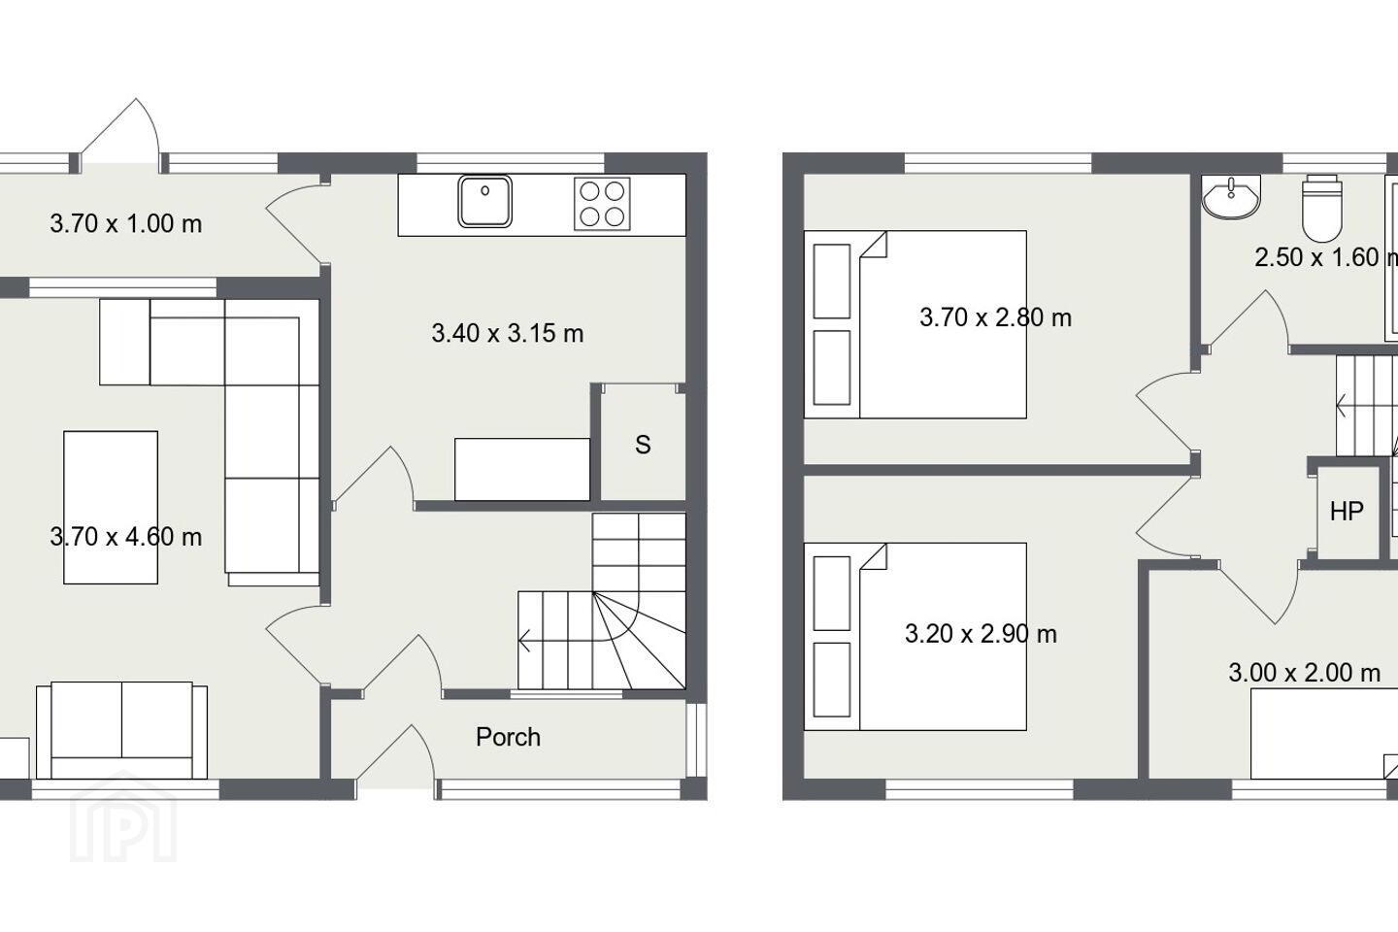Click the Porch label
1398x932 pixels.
click(x=508, y=737)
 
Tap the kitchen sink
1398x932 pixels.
click(x=485, y=201)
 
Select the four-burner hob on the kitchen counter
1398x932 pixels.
click(x=602, y=204)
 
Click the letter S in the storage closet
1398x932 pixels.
click(x=643, y=445)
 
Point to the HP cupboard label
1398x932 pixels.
click(x=1347, y=512)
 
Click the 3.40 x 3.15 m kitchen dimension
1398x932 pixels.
click(x=508, y=333)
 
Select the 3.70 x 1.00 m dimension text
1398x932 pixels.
click(x=126, y=223)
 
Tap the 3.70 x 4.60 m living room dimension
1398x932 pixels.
click(x=126, y=537)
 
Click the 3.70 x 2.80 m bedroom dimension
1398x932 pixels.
click(x=995, y=317)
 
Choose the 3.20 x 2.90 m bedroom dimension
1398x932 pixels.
click(x=982, y=634)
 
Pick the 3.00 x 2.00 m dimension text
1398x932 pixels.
click(x=1305, y=673)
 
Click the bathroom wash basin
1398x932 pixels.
click(x=1231, y=197)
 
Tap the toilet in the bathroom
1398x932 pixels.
click(x=1322, y=208)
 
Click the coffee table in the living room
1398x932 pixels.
click(x=111, y=508)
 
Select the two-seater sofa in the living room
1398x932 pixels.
click(x=121, y=730)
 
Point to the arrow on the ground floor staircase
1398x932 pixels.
click(x=525, y=640)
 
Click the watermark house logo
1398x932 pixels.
click(x=123, y=818)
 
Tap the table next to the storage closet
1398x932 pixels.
click(x=522, y=470)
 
